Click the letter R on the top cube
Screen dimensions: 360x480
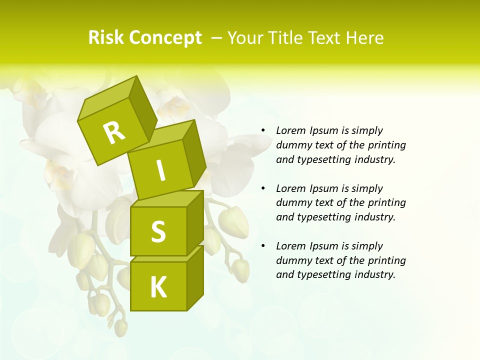pyautogui.click(x=114, y=133)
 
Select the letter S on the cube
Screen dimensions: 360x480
pyautogui.click(x=158, y=232)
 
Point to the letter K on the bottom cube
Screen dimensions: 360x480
pyautogui.click(x=158, y=287)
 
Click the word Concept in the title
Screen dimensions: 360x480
pyautogui.click(x=165, y=38)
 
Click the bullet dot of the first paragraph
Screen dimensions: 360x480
pyautogui.click(x=263, y=131)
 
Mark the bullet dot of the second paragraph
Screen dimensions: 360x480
pyautogui.click(x=263, y=189)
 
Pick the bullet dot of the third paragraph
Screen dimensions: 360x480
pyautogui.click(x=263, y=246)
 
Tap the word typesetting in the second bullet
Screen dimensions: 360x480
pyautogui.click(x=325, y=217)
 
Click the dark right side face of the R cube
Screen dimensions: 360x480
pyautogui.click(x=142, y=107)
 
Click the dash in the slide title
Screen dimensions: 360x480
pyautogui.click(x=217, y=38)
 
